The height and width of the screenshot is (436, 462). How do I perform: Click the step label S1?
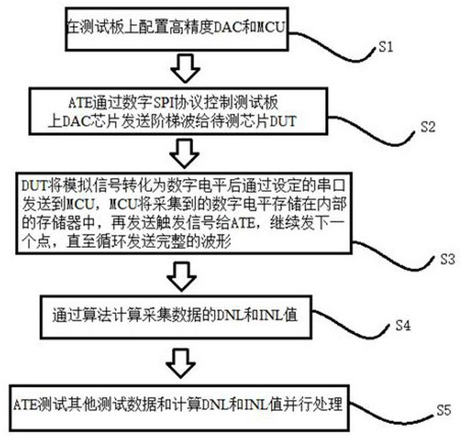[x=386, y=47]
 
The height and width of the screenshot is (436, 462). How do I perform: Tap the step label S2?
[x=428, y=127]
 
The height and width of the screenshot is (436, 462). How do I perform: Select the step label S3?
[x=448, y=259]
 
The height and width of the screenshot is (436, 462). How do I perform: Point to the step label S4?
[x=403, y=325]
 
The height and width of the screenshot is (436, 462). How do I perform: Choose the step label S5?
[x=443, y=410]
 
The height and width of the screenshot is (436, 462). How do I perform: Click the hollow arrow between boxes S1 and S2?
[x=186, y=68]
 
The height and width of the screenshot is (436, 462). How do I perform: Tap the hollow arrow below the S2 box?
[x=184, y=153]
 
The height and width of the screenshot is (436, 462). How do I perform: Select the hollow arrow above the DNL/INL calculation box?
[x=182, y=277]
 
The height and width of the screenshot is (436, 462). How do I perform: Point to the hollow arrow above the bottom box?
[x=180, y=363]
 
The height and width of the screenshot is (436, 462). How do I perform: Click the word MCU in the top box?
[x=271, y=27]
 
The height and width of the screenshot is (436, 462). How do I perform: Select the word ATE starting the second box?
[x=80, y=103]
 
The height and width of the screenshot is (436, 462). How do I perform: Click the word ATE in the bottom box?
[x=25, y=405]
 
